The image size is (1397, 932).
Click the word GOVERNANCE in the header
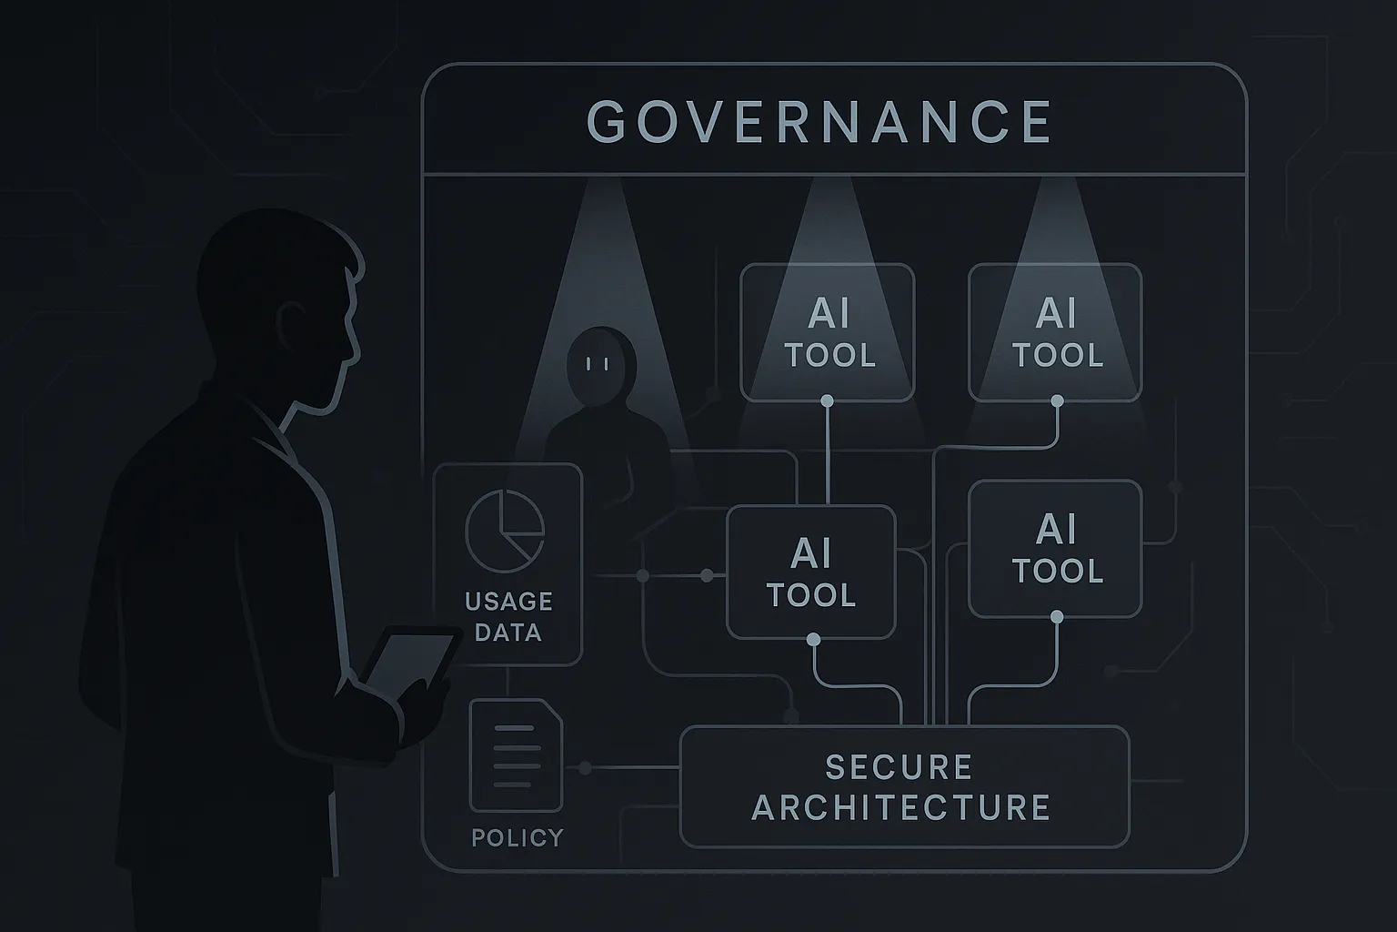tap(819, 122)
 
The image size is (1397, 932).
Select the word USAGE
tap(508, 602)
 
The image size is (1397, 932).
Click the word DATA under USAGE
tap(508, 633)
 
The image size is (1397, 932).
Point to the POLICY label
tap(518, 837)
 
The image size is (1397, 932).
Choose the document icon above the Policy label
tap(516, 755)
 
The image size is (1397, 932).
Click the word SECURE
tap(899, 767)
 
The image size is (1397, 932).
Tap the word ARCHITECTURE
tap(901, 808)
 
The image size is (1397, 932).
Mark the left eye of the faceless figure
tap(590, 364)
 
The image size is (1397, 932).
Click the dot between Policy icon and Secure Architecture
tap(585, 769)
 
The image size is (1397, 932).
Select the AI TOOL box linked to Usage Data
tap(810, 572)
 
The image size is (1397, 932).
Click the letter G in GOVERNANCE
tap(606, 122)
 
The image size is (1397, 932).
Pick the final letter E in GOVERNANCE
tap(1036, 122)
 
